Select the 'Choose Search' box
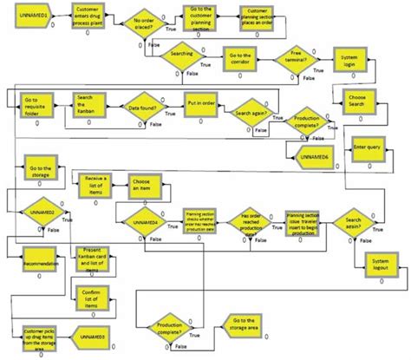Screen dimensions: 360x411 point(358,100)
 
